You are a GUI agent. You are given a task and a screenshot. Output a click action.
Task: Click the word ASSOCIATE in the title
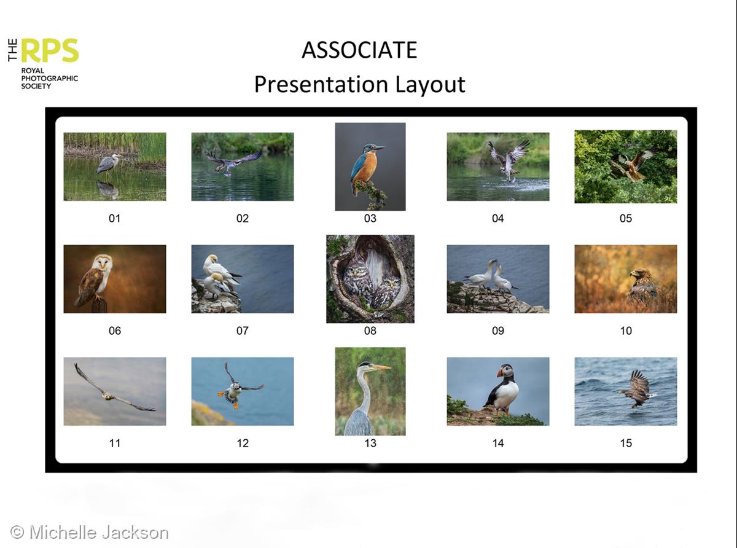click(359, 50)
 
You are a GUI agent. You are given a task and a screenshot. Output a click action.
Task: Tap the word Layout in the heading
click(430, 85)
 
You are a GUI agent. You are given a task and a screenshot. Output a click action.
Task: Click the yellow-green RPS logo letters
click(50, 50)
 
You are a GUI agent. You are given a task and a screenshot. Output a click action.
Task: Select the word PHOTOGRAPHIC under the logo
click(50, 79)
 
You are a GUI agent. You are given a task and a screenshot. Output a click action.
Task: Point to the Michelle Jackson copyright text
click(90, 533)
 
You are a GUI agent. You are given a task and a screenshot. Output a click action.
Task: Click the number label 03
click(370, 219)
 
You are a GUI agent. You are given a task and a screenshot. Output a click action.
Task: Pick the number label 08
click(370, 331)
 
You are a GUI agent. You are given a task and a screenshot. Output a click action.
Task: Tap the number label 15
click(626, 444)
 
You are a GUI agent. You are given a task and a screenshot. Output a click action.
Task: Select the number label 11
click(115, 444)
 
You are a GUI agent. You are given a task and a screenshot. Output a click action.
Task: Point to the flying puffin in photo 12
click(238, 387)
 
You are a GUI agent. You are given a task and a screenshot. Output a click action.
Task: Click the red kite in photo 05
click(631, 166)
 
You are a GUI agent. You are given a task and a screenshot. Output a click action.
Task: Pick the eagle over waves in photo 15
click(636, 389)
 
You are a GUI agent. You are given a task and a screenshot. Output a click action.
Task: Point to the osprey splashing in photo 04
click(509, 160)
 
